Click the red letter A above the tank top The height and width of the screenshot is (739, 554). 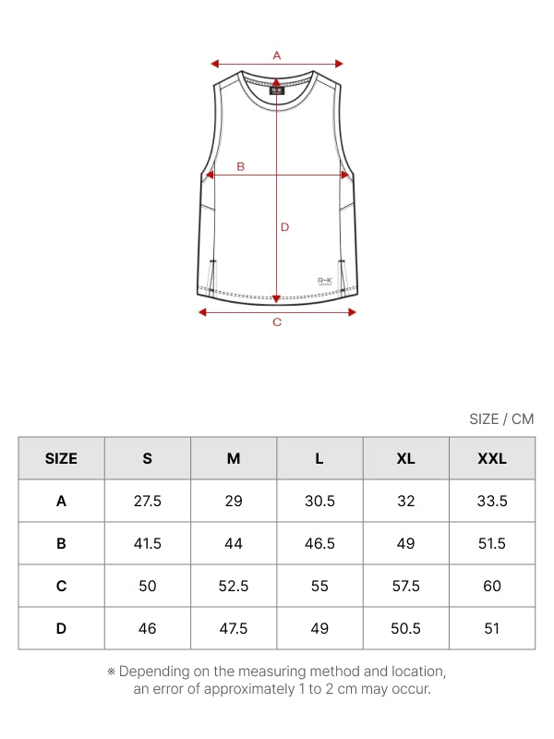pyautogui.click(x=277, y=55)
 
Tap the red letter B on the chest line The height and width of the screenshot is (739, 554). pyautogui.click(x=241, y=166)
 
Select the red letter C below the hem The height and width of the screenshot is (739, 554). pyautogui.click(x=277, y=321)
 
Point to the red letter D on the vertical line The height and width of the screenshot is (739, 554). pyautogui.click(x=284, y=227)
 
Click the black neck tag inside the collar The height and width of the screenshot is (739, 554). pyautogui.click(x=277, y=90)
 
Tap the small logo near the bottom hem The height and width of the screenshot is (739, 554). pyautogui.click(x=325, y=281)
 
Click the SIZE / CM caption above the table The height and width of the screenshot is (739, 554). pyautogui.click(x=501, y=419)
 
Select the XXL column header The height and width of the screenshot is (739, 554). pyautogui.click(x=492, y=458)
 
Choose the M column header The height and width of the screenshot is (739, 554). pyautogui.click(x=234, y=458)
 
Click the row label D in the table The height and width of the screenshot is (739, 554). pyautogui.click(x=61, y=628)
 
